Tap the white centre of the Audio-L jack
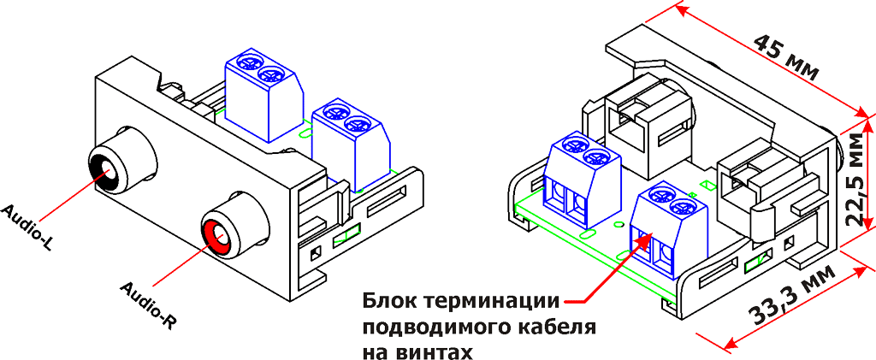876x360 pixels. pos(108,169)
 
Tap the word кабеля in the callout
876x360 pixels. pos(553,328)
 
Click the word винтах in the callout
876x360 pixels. pos(437,352)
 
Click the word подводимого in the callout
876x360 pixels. pos(434,328)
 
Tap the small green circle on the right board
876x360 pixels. pos(618,226)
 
